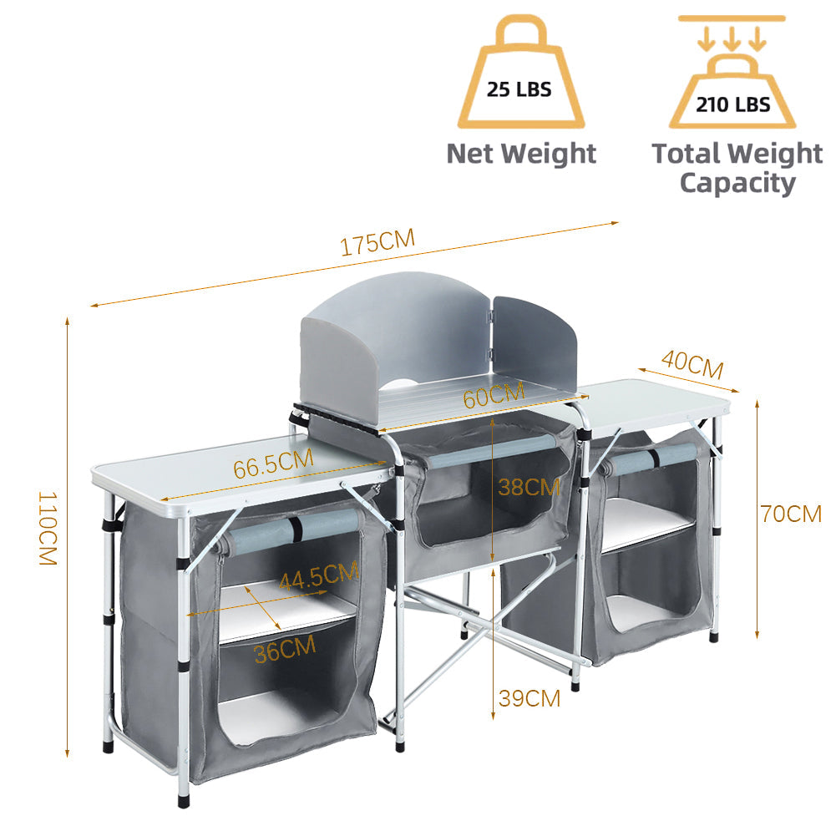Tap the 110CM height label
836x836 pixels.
(x=47, y=529)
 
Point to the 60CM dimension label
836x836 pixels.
(x=494, y=394)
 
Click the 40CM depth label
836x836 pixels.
(x=692, y=365)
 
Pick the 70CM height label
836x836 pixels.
(x=791, y=514)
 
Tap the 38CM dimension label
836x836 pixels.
(x=529, y=487)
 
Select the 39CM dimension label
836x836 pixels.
(x=529, y=697)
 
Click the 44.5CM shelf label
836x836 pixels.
(x=318, y=576)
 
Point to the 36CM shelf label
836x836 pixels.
(x=285, y=648)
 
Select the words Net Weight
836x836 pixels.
(x=521, y=154)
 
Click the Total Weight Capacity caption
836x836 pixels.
(x=737, y=168)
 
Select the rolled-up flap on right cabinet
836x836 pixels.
(x=656, y=457)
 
